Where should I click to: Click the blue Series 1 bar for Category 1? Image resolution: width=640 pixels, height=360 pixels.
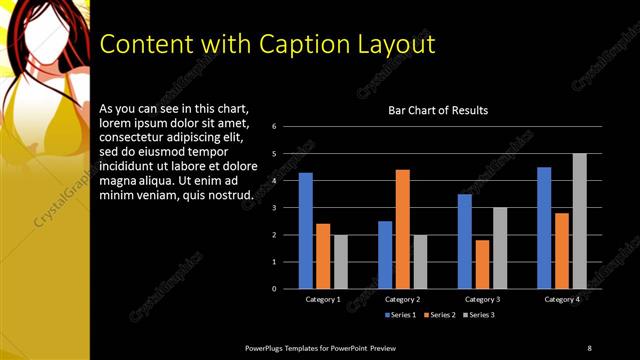pos(305,231)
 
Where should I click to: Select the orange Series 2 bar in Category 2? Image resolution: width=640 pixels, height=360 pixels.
pos(402,229)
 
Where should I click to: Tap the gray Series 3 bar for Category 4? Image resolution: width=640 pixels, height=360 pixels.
pos(579,221)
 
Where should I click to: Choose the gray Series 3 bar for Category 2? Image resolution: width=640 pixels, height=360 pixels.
pos(419,262)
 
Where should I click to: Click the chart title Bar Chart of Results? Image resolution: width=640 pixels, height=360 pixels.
pos(438,110)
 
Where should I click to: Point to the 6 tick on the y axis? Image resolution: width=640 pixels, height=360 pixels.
pos(287,127)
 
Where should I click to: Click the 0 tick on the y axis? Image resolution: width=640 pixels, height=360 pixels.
pos(287,289)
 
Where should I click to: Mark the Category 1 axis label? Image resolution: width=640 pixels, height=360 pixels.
pos(322,299)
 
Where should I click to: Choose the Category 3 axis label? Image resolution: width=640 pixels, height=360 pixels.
pos(482,299)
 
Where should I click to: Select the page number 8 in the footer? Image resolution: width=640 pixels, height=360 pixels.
pos(589,347)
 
